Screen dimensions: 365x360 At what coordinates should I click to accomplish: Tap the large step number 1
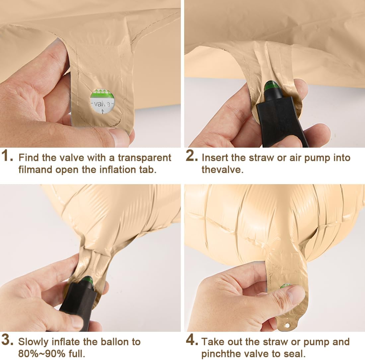pyautogui.click(x=7, y=156)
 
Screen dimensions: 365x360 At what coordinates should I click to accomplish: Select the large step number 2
pyautogui.click(x=192, y=156)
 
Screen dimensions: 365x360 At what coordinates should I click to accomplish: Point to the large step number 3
pyautogui.click(x=7, y=340)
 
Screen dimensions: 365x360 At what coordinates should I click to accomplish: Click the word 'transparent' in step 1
pyautogui.click(x=144, y=158)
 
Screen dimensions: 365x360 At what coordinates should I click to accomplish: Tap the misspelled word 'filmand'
pyautogui.click(x=36, y=170)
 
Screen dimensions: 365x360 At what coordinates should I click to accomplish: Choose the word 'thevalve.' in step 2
pyautogui.click(x=223, y=170)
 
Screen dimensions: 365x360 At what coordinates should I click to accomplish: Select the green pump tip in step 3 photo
pyautogui.click(x=88, y=281)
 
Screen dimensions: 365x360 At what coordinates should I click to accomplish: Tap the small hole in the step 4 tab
pyautogui.click(x=287, y=325)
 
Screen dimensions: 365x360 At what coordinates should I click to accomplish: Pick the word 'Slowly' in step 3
pyautogui.click(x=33, y=342)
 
